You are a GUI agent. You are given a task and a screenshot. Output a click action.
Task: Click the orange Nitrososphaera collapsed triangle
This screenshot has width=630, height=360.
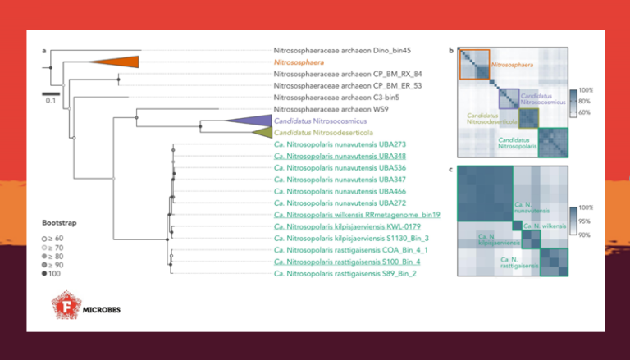(x=120, y=62)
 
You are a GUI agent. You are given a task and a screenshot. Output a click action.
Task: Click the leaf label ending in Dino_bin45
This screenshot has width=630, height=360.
(x=342, y=50)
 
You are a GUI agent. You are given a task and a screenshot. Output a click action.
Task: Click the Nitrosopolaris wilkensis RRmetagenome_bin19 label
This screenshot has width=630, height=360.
(x=358, y=215)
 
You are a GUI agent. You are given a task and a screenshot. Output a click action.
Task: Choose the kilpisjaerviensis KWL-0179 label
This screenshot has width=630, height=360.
(x=348, y=226)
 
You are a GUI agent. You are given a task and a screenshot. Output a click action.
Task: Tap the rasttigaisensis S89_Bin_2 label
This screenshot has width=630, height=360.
(x=345, y=273)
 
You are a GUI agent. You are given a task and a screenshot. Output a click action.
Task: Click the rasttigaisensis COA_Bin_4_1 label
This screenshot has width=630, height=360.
(x=351, y=250)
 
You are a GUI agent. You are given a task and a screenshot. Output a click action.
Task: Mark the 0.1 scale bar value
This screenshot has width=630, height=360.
(x=50, y=101)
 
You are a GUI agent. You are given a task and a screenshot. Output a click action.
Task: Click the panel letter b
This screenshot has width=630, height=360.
(x=451, y=51)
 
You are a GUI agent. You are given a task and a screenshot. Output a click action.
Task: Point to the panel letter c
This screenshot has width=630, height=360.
(x=451, y=169)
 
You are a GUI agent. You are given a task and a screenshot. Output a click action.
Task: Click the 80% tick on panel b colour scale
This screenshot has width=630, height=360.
(x=586, y=101)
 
